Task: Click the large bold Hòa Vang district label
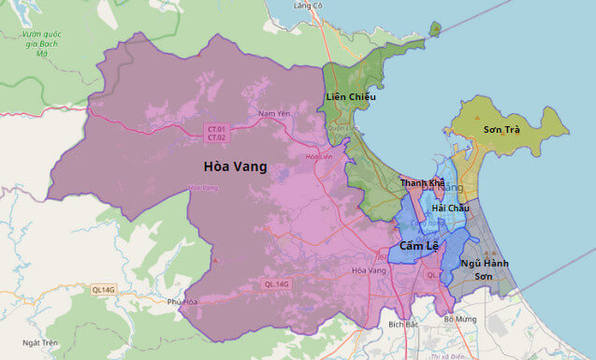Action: point(235,167)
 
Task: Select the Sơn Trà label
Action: point(502,129)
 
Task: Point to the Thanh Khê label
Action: point(422,183)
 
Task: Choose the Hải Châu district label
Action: point(451,208)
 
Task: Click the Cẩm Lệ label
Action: point(418,245)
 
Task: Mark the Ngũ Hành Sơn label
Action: point(484,269)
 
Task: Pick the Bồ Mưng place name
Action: point(461,320)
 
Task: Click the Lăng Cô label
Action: point(308,6)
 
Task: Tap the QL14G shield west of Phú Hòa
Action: point(103,291)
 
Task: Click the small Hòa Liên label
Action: point(319,156)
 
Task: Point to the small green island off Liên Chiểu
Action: point(435,29)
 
